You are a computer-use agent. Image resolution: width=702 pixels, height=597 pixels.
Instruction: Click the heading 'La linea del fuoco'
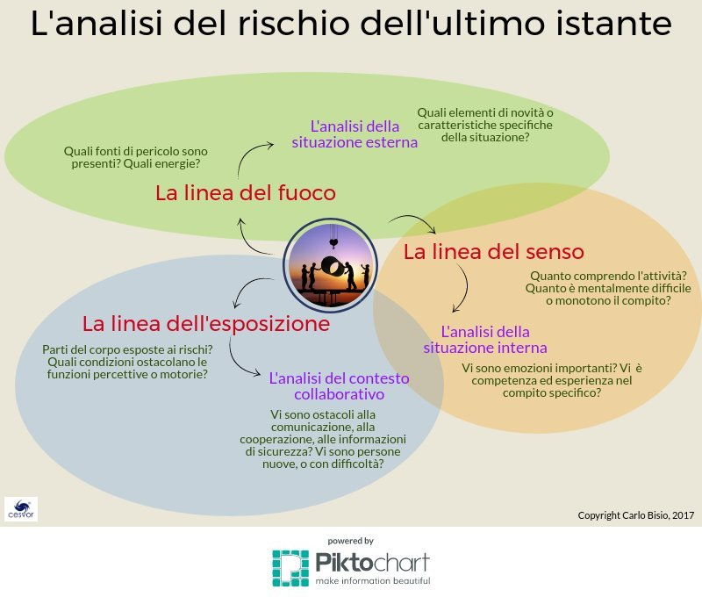click(246, 193)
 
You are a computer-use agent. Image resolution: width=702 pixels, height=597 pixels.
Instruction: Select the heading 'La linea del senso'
click(494, 252)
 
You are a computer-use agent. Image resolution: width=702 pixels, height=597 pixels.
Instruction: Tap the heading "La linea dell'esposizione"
click(206, 323)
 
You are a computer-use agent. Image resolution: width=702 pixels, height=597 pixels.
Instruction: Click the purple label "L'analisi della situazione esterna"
click(355, 134)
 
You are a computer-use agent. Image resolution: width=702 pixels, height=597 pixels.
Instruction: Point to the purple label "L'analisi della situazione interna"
click(485, 340)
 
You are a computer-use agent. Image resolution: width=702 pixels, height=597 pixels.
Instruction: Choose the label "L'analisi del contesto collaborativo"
click(340, 386)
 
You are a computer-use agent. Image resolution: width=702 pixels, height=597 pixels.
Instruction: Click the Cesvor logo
click(21, 509)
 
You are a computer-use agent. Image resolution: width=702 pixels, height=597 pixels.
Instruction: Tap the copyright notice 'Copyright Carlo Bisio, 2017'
click(635, 515)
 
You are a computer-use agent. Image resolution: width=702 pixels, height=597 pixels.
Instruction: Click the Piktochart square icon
click(290, 568)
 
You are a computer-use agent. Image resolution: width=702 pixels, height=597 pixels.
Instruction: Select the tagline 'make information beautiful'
click(372, 581)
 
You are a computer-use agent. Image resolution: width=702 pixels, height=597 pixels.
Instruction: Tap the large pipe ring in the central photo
click(333, 268)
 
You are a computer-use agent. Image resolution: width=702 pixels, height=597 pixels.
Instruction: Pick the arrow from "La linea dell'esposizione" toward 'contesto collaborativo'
click(236, 362)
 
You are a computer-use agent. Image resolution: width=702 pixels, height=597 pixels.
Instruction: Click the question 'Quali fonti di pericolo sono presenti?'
click(135, 157)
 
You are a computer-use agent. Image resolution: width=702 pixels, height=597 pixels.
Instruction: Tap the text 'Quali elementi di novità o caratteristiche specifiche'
click(485, 119)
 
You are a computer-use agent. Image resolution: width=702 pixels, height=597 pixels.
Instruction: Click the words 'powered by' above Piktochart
click(350, 541)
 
